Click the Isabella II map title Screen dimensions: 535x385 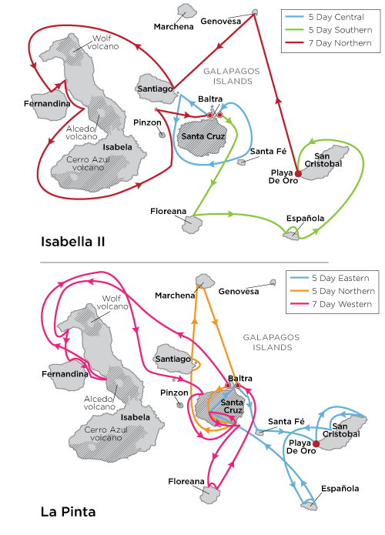pyautogui.click(x=72, y=242)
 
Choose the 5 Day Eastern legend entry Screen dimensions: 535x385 pyautogui.click(x=336, y=277)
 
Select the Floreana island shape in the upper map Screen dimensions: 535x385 pyautogui.click(x=192, y=222)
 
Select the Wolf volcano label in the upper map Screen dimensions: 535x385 pyautogui.click(x=105, y=42)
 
